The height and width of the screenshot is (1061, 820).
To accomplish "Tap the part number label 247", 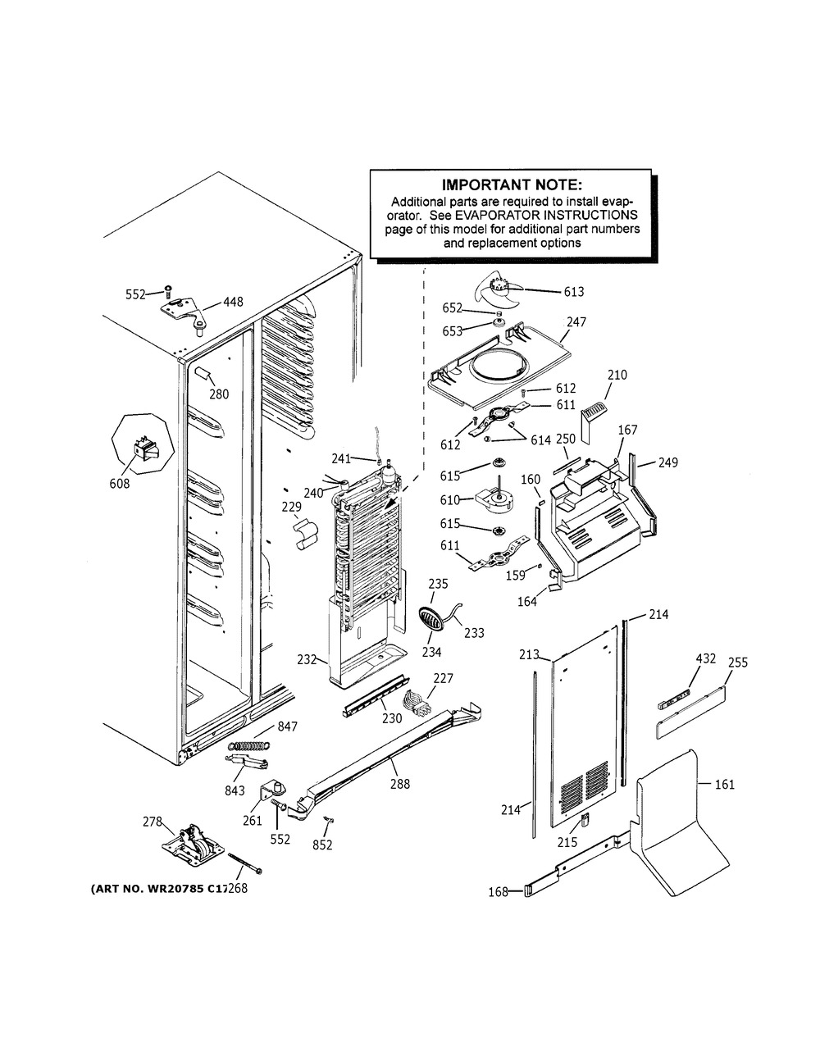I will (576, 322).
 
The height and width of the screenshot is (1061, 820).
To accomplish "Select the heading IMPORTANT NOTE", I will (511, 186).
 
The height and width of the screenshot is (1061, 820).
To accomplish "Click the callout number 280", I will (218, 394).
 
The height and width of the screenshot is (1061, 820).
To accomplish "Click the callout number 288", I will (400, 784).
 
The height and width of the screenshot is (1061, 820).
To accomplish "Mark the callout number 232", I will (307, 658).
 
